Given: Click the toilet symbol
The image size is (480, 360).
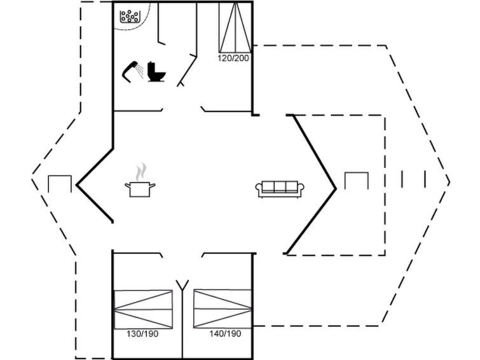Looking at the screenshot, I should coord(156,72).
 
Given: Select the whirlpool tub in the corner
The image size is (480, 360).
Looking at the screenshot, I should coord(130,16).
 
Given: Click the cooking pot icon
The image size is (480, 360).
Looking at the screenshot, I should coord(141,189).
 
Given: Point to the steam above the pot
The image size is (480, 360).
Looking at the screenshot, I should coord(142,171).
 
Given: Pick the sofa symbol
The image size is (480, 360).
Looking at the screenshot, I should coord(280,189).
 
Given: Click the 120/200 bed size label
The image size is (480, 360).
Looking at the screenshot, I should coord(233,58).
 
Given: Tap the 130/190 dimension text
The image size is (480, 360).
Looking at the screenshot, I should coord(143,333).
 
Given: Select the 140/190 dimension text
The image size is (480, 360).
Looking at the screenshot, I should coord(225,333).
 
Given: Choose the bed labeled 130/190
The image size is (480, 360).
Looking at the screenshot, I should coord(143,309).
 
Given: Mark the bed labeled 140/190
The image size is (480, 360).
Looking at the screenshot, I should coord(223,309).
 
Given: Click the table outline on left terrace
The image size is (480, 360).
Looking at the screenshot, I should coord(60,183).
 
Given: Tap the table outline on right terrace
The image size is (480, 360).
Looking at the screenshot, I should coord(356,181).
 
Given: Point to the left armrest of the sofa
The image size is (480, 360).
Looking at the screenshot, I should coord(259,190).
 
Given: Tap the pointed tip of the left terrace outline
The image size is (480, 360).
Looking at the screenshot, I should coord(32,180).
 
